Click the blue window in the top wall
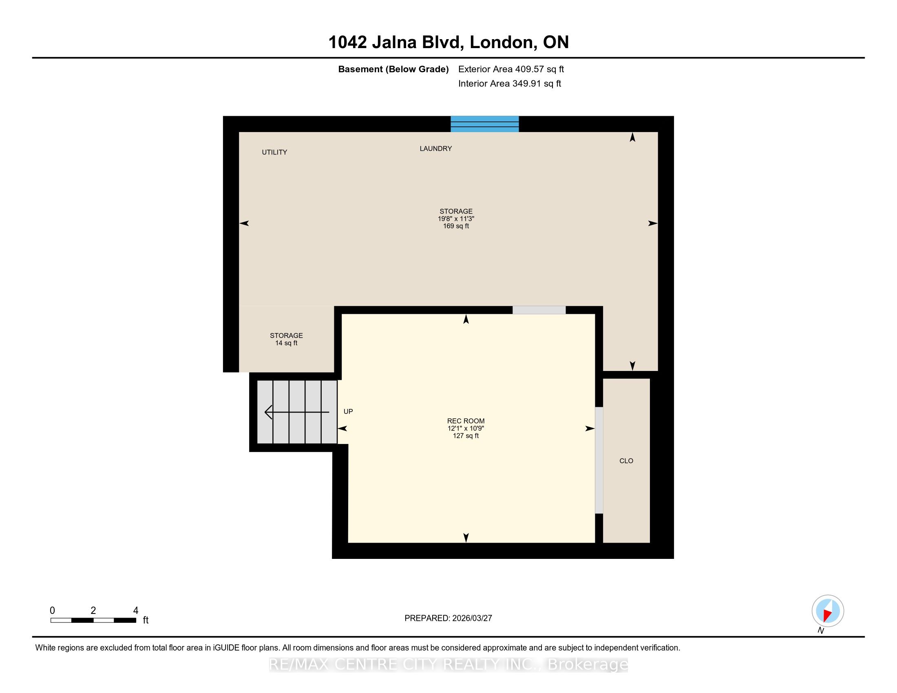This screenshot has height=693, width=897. click(485, 124)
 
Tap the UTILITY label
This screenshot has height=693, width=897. click(274, 152)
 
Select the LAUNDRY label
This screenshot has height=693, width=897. click(436, 149)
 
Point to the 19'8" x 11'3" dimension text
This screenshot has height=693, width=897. click(456, 219)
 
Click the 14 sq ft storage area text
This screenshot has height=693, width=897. click(286, 343)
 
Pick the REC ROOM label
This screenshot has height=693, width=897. click(466, 421)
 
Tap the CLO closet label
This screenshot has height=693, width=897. click(626, 461)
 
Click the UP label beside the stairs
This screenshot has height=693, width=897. click(348, 411)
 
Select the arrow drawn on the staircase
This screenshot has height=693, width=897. click(297, 412)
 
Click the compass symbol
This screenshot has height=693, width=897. click(828, 611)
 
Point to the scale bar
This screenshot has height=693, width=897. click(93, 620)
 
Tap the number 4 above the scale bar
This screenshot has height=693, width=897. click(135, 611)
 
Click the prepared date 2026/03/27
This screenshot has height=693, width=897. click(472, 618)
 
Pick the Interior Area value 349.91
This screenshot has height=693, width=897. click(526, 84)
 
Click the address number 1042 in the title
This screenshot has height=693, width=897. click(347, 42)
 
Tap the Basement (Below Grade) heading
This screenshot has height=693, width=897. click(393, 69)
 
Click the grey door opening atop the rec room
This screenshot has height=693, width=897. click(539, 310)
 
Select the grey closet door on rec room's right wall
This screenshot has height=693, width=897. click(599, 460)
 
